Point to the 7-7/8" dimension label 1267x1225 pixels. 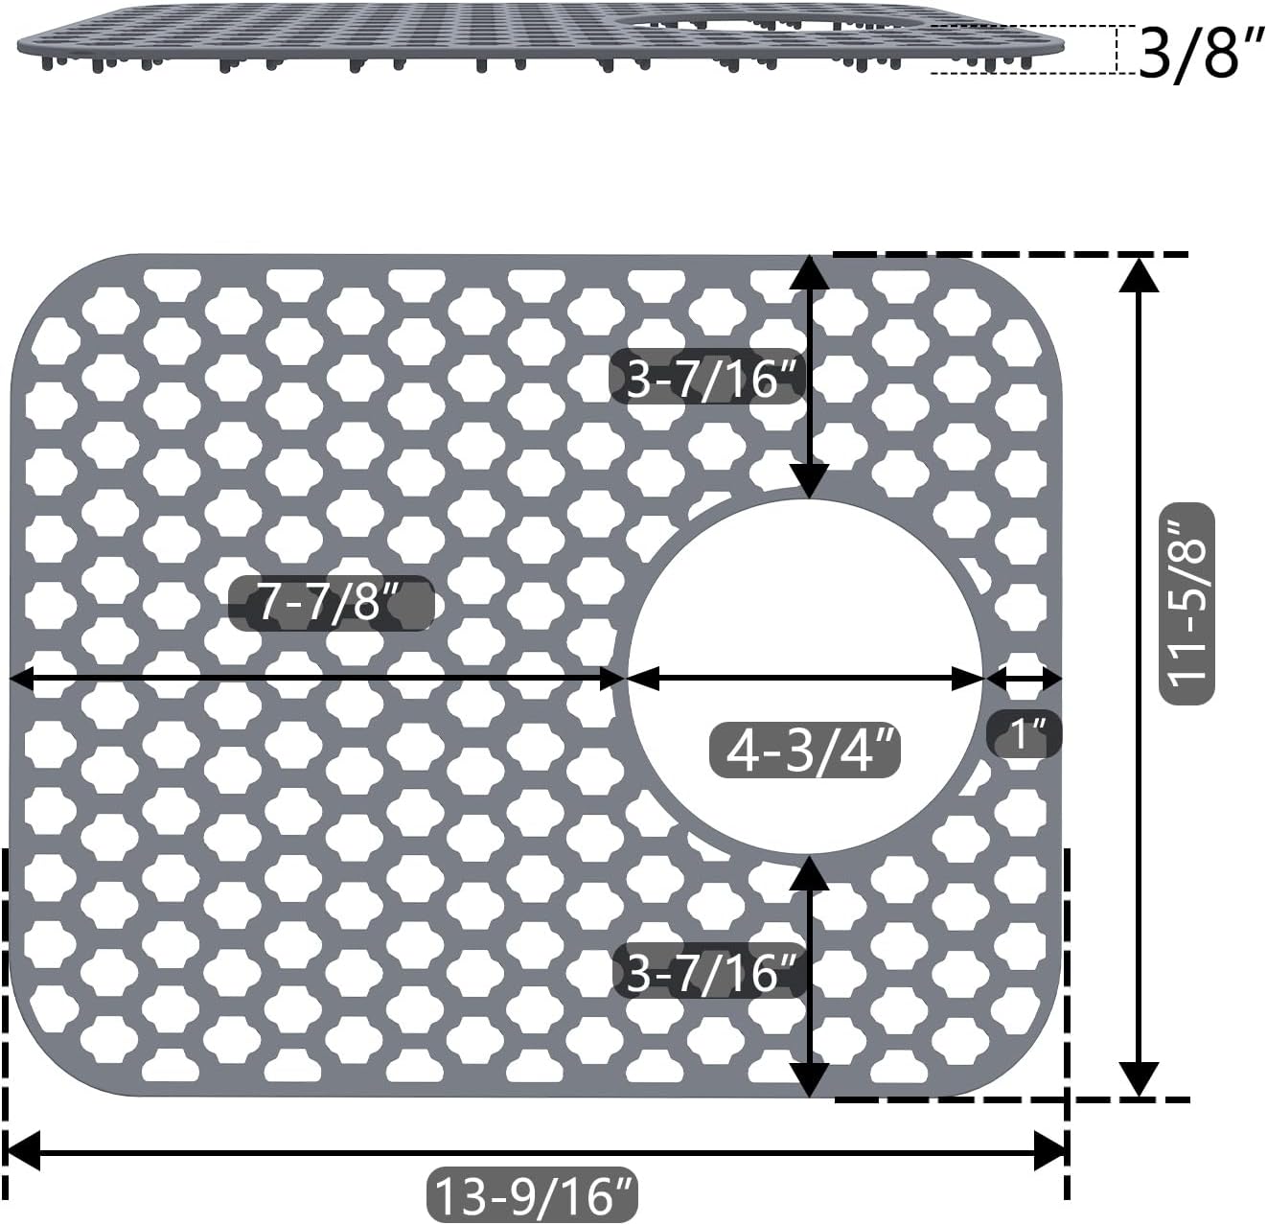pyautogui.click(x=331, y=604)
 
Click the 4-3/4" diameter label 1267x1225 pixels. pyautogui.click(x=805, y=752)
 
